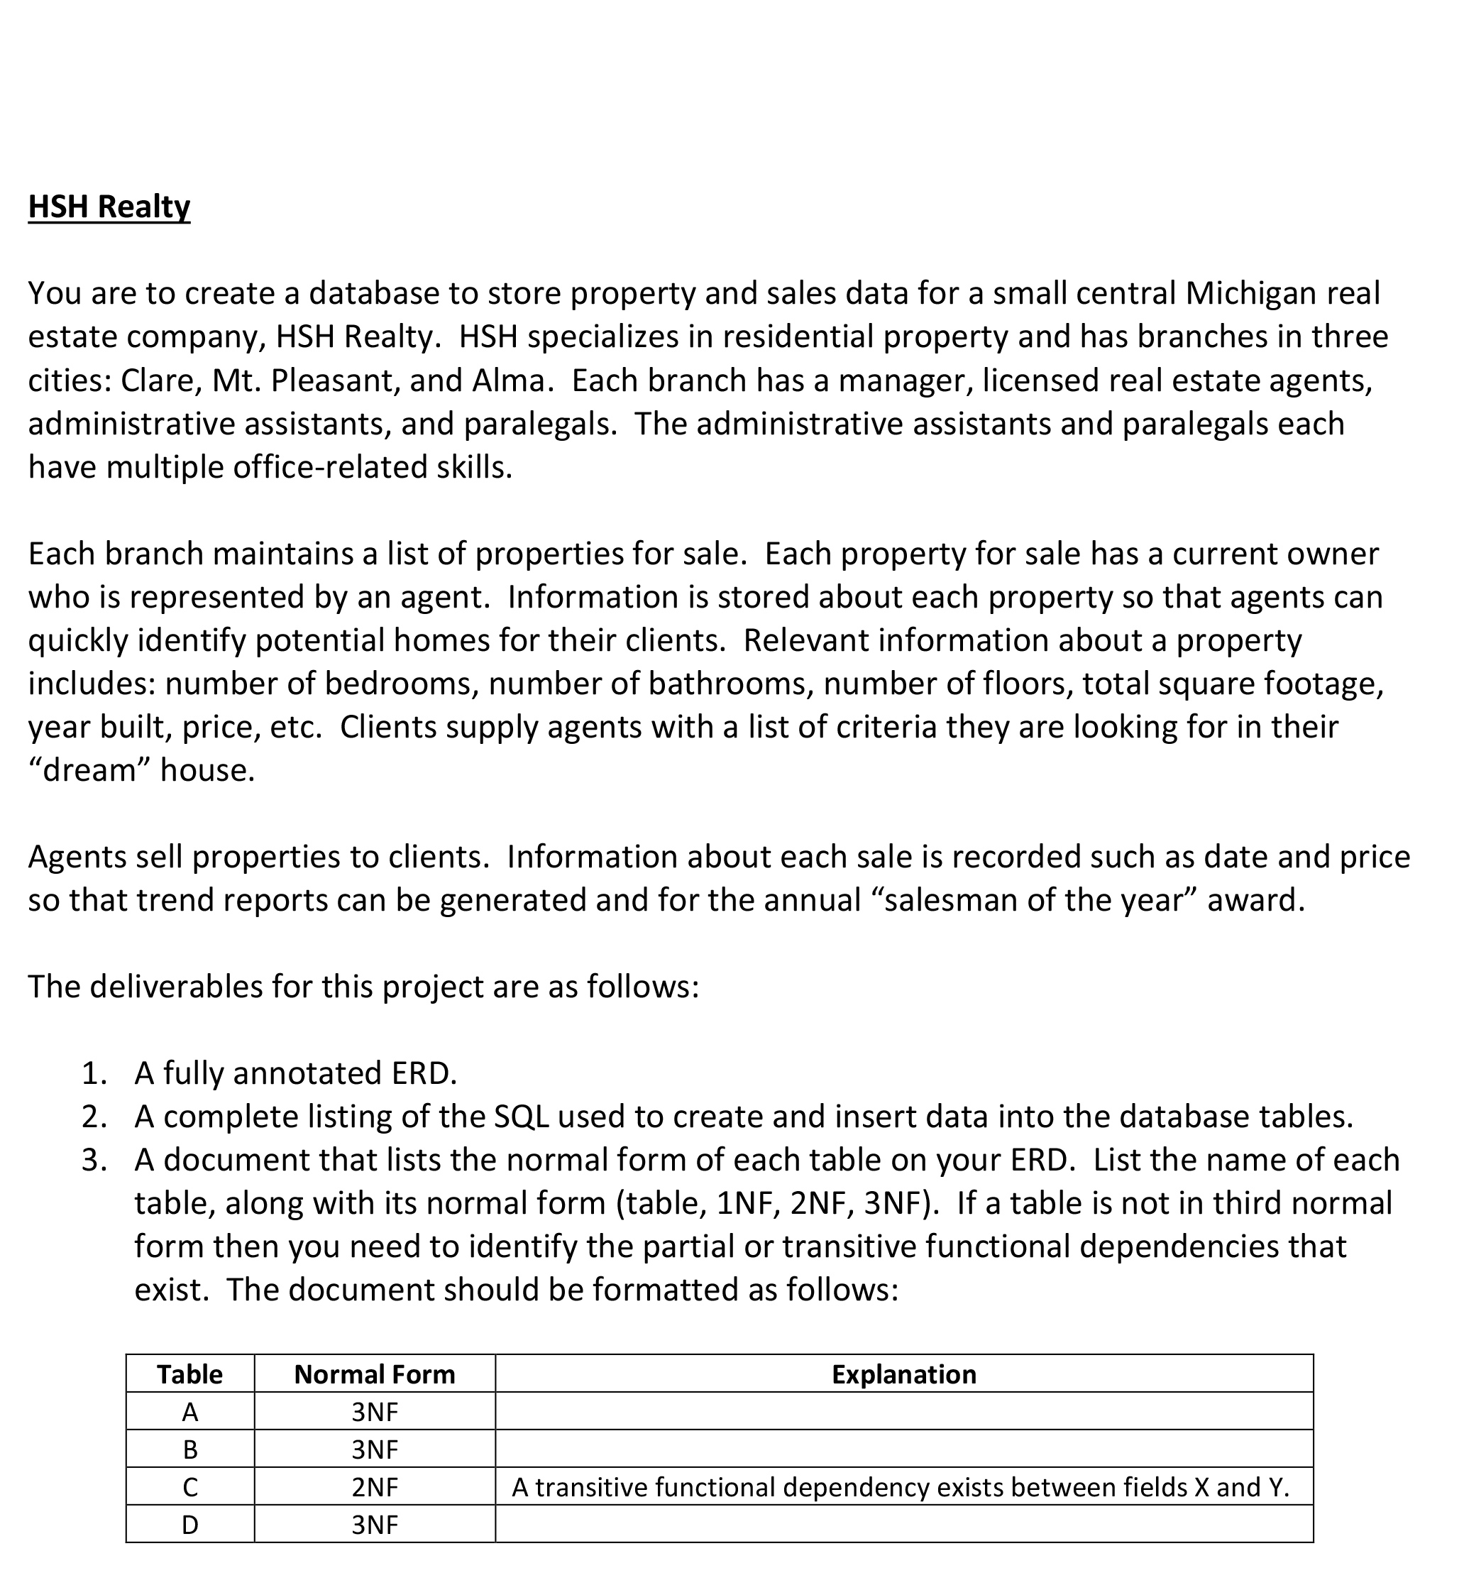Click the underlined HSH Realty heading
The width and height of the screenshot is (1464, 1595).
(109, 207)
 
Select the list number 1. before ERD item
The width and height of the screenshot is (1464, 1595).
(94, 1074)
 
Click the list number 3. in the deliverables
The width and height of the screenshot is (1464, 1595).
(94, 1160)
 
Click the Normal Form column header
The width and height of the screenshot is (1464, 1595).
(374, 1375)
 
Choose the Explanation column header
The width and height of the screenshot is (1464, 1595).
(903, 1375)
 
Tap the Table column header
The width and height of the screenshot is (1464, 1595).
(189, 1375)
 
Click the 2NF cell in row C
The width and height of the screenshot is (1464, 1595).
(374, 1488)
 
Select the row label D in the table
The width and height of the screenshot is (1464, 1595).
(189, 1525)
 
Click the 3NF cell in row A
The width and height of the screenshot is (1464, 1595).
(374, 1412)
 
